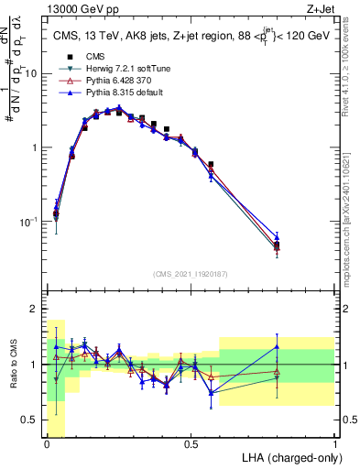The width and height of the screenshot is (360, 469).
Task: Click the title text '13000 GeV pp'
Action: [75, 8]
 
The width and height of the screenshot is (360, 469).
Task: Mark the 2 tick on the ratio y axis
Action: [37, 309]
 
